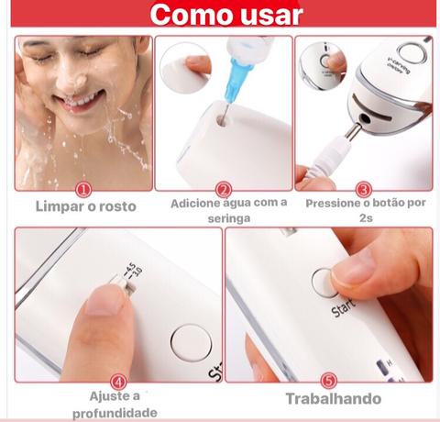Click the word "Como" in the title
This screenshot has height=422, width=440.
point(193,15)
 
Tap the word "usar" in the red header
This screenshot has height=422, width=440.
point(271,16)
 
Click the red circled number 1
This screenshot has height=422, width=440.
point(83,190)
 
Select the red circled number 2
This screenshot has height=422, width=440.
point(224,190)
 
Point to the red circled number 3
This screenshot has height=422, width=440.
point(364,190)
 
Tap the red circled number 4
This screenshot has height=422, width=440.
point(118,382)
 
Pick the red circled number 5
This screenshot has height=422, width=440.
point(329,381)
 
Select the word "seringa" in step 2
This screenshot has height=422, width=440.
point(229,218)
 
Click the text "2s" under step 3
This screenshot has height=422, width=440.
point(366,218)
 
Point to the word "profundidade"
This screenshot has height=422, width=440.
point(115,413)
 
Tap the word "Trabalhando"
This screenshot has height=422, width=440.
point(334,399)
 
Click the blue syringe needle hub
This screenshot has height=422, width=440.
point(237,80)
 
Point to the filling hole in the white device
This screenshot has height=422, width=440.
point(222,120)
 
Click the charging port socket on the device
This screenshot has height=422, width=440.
point(365,118)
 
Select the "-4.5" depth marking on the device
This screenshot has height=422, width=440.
point(130,268)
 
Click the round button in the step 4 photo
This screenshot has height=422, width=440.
point(191,343)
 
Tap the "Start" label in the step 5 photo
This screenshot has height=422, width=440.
point(344,308)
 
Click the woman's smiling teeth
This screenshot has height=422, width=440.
point(81,99)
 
